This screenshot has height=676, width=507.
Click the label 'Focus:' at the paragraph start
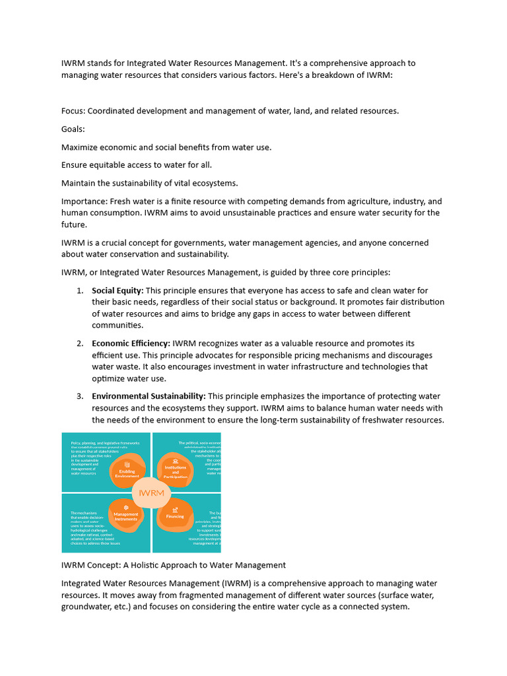(x=73, y=110)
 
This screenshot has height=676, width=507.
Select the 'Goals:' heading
(x=73, y=129)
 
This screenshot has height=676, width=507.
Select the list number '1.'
(x=79, y=290)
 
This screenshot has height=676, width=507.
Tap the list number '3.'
(x=79, y=396)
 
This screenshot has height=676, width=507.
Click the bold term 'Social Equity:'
(x=118, y=290)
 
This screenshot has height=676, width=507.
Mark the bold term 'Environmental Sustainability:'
(x=149, y=396)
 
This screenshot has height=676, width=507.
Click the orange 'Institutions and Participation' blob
(x=176, y=469)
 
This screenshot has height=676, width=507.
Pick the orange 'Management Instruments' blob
(x=126, y=516)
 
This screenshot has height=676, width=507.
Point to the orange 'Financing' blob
(x=176, y=515)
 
